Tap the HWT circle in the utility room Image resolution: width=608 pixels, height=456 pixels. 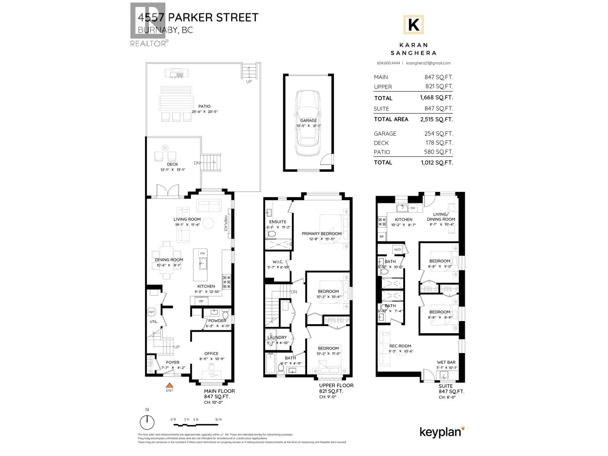152,312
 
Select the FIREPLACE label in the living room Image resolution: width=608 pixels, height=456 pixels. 225,223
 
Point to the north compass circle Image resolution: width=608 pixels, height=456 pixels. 147,422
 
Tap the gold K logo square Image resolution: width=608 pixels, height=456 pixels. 413,25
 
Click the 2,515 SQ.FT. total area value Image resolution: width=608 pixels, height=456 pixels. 436,119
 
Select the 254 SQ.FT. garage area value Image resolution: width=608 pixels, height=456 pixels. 439,134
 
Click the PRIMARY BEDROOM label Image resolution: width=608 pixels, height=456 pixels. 321,234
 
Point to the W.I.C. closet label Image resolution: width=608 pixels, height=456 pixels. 278,262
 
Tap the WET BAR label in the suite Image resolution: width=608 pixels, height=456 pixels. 446,363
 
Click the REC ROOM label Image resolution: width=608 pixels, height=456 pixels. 400,346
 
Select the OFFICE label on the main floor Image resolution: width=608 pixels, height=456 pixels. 211,353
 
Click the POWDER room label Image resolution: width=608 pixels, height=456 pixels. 217,321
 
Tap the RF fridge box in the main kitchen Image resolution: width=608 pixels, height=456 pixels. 201,301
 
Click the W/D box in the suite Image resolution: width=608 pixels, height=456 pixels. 397,250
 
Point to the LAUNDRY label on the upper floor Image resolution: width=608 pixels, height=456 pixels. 277,337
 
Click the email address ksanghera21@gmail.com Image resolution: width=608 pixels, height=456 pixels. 428,63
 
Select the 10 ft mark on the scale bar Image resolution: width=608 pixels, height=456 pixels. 218,420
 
